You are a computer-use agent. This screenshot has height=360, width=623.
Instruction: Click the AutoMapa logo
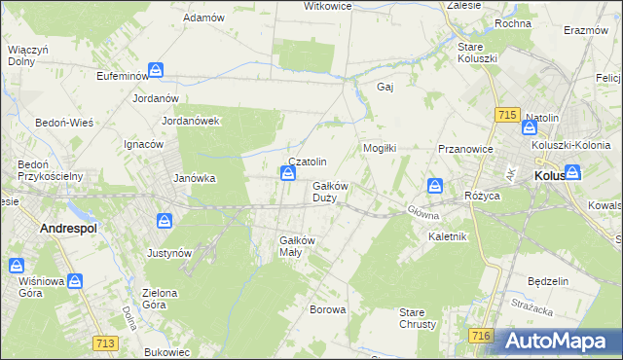coord(558,342)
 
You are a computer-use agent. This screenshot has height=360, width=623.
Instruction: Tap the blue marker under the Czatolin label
coord(288,174)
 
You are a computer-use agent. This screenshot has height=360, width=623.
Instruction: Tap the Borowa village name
coord(327,310)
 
